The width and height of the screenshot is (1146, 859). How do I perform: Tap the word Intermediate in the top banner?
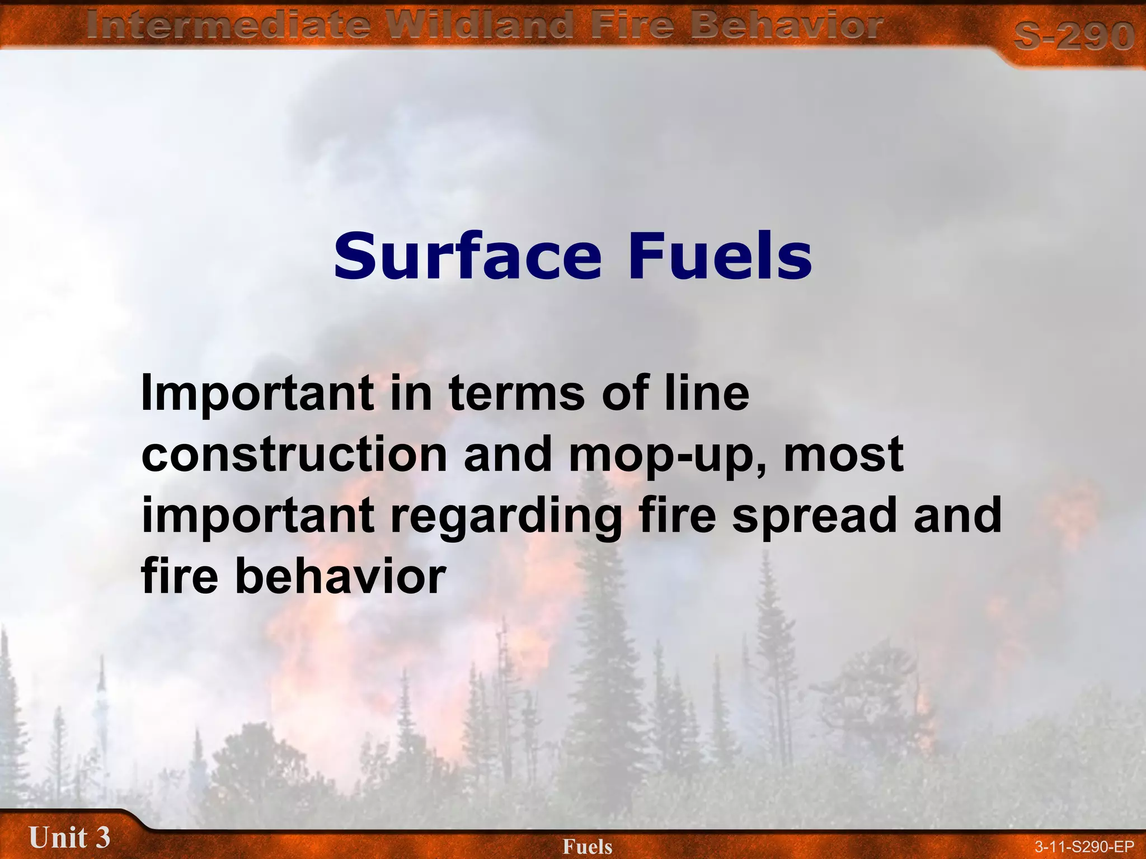pos(228,26)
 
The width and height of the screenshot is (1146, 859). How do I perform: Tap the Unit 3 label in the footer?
pos(69,837)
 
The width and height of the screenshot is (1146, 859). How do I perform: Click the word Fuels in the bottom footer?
pos(588,847)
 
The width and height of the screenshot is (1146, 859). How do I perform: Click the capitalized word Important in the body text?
pos(257,393)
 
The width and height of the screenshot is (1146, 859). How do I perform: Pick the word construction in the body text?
pos(294,454)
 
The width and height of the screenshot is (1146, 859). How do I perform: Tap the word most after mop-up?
pos(844,454)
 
